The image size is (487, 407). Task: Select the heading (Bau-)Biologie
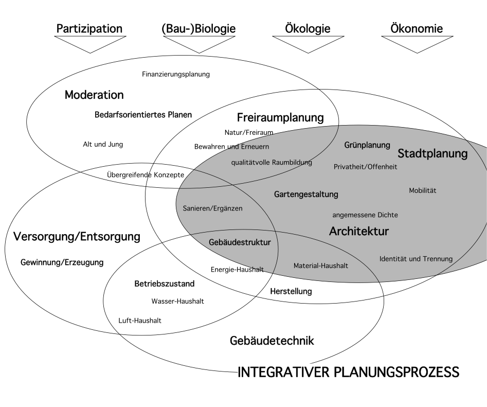point(199,29)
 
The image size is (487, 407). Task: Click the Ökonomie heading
point(417,28)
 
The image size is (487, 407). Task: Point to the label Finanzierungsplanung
point(176,74)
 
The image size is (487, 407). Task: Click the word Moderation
point(94,95)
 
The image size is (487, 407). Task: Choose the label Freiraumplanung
point(280,118)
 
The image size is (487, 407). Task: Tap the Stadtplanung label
point(432,153)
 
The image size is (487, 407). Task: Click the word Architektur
point(359,231)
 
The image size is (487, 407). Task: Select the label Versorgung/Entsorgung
point(77,237)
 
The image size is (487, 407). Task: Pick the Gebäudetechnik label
point(272,341)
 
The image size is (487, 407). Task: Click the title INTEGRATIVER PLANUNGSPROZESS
point(349,372)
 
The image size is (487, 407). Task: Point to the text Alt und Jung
point(103,145)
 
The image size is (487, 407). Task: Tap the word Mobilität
point(422,190)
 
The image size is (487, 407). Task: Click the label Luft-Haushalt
point(140,321)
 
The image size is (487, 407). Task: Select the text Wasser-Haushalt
point(177,301)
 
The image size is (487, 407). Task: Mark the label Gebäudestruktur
point(240,242)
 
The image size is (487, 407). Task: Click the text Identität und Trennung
point(416,259)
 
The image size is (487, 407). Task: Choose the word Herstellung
point(291,291)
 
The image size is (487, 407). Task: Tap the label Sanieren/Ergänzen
point(212,208)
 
